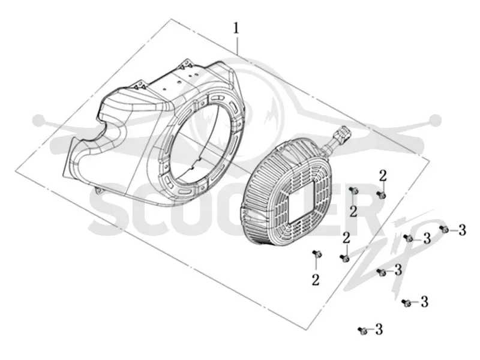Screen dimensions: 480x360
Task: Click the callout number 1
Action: (x=236, y=28)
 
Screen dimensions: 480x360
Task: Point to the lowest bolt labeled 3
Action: (x=362, y=331)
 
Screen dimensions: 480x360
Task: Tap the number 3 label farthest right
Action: (x=462, y=230)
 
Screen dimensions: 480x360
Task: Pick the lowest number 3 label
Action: (x=379, y=329)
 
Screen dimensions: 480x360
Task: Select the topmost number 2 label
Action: (x=383, y=176)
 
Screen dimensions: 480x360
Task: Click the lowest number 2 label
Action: (x=316, y=280)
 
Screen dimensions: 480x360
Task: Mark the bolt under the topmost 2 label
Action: (x=381, y=194)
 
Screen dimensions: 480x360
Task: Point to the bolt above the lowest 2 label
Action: (x=317, y=254)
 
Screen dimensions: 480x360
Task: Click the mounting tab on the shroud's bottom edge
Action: (x=98, y=190)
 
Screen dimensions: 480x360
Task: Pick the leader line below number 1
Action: (x=237, y=44)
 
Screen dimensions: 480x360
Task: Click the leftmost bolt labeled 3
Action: (x=362, y=331)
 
